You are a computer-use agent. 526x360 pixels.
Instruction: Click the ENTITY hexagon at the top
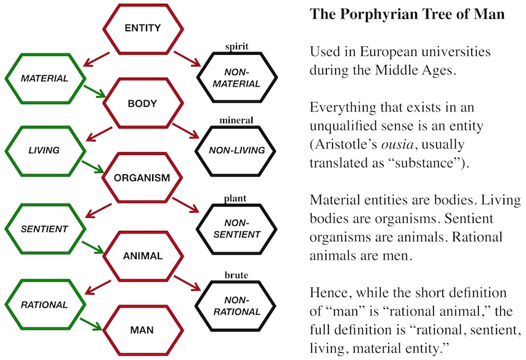(142, 28)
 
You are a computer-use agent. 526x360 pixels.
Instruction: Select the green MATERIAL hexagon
(44, 79)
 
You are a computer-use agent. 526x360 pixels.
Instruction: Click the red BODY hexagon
(142, 103)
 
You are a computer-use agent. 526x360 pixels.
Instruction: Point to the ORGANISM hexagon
(142, 178)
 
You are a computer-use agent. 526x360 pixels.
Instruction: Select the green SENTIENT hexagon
(44, 229)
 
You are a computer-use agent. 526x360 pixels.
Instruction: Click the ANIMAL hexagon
(142, 255)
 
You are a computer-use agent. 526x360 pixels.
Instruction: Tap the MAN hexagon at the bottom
(142, 330)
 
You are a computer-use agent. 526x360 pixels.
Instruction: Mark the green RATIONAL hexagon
(44, 304)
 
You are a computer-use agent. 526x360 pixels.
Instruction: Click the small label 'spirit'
(237, 47)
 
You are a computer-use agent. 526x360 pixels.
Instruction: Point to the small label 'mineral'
(237, 119)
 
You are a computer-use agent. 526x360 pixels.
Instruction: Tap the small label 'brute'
(237, 275)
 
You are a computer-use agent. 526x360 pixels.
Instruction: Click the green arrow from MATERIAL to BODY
(94, 92)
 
